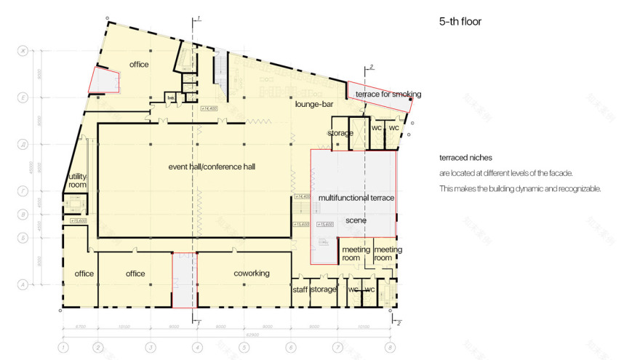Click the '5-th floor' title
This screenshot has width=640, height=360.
[x=460, y=22]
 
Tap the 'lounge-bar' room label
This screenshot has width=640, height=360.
[x=314, y=105]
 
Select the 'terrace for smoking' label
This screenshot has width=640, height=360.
[x=388, y=95]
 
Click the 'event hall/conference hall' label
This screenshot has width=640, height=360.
[x=212, y=167]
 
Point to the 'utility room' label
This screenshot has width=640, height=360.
[x=78, y=180]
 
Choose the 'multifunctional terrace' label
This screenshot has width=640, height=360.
[x=356, y=198]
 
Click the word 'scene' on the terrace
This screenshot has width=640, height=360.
[x=356, y=220]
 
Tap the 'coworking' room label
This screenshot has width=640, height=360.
[x=252, y=273]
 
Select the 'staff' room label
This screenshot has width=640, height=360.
[x=300, y=289]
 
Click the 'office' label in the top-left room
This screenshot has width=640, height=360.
[x=139, y=65]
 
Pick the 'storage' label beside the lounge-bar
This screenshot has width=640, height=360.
[x=340, y=134]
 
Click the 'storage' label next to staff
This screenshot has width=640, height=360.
[x=324, y=289]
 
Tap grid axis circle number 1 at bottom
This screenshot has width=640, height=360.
[x=63, y=348]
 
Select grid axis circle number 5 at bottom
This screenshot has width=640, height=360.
[x=244, y=348]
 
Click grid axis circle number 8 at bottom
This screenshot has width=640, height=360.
[x=391, y=348]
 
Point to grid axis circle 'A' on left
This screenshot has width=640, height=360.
[x=23, y=285]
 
